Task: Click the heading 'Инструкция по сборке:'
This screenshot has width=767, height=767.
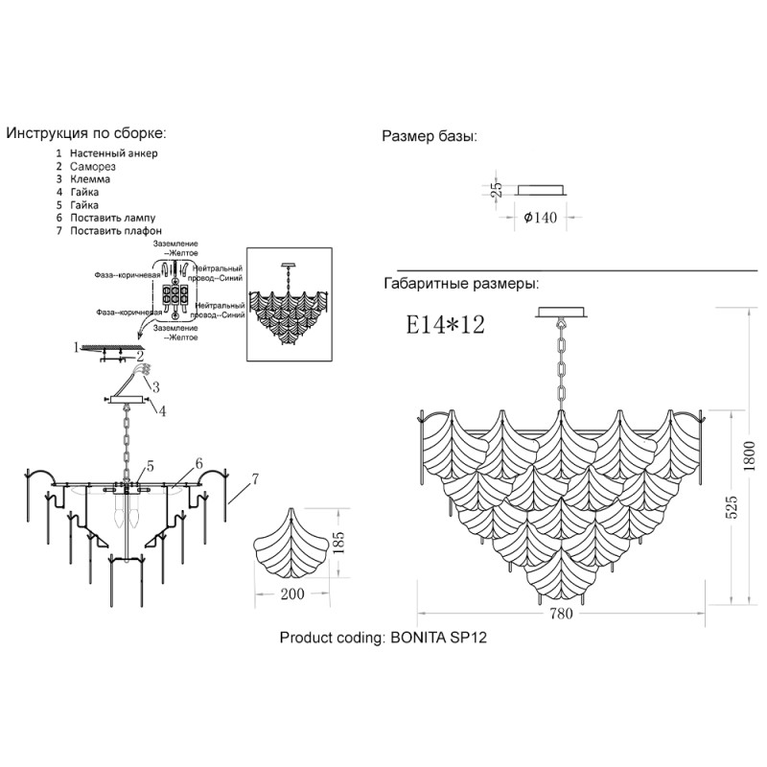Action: pyautogui.click(x=86, y=133)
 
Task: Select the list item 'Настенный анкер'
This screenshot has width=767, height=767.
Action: pyautogui.click(x=113, y=153)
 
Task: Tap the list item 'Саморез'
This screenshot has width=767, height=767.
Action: pyautogui.click(x=92, y=166)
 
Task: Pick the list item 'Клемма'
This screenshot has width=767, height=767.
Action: pyautogui.click(x=90, y=179)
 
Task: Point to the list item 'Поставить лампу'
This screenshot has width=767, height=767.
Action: pyautogui.click(x=112, y=218)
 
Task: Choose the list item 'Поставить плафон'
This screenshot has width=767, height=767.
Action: pyautogui.click(x=115, y=230)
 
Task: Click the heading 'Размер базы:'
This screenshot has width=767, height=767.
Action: pyautogui.click(x=429, y=136)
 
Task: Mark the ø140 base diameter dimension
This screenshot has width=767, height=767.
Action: pyautogui.click(x=540, y=218)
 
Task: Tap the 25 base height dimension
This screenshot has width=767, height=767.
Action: pyautogui.click(x=496, y=189)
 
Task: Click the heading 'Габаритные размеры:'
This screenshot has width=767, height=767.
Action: pyautogui.click(x=461, y=284)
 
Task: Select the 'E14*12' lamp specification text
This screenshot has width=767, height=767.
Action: pyautogui.click(x=445, y=324)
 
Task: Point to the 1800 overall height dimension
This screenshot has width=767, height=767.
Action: pyautogui.click(x=749, y=456)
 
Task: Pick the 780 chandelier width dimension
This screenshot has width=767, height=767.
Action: pyautogui.click(x=561, y=614)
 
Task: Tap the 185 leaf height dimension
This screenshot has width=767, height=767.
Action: pyautogui.click(x=338, y=543)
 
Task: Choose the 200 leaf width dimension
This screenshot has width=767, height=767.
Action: pyautogui.click(x=292, y=593)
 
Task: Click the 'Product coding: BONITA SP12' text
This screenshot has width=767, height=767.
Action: pyautogui.click(x=383, y=638)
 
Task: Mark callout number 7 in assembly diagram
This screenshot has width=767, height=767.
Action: pyautogui.click(x=254, y=480)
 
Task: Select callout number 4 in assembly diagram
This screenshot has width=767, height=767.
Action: pyautogui.click(x=162, y=411)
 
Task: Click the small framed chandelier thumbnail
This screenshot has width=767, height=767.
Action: pyautogui.click(x=290, y=304)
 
